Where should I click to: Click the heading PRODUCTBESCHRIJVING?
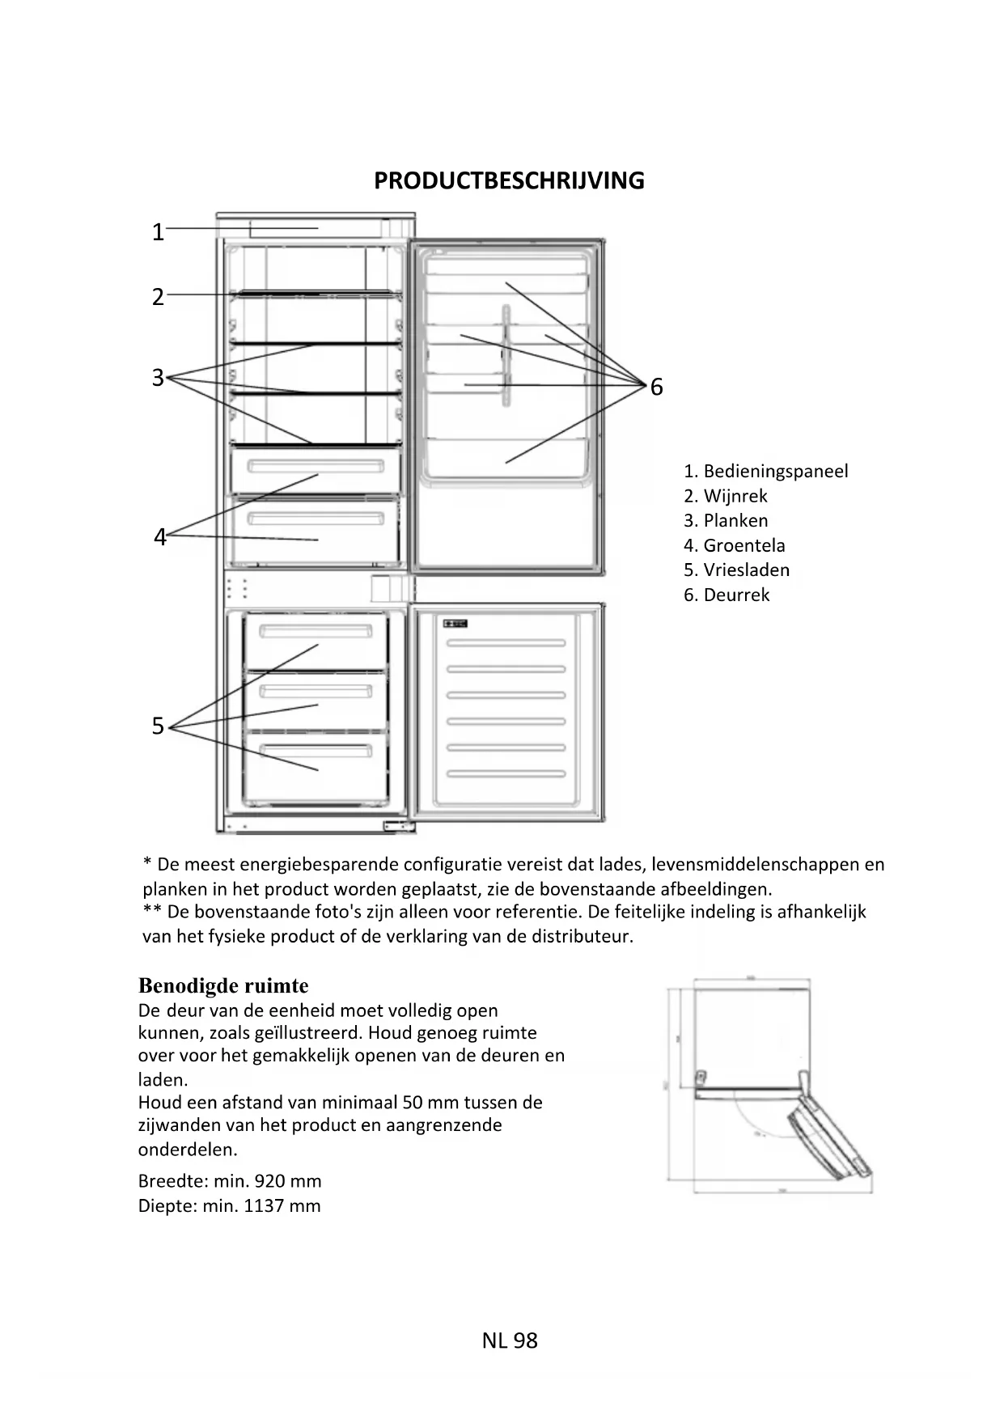click(x=509, y=180)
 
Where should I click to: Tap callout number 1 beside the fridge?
click(x=158, y=233)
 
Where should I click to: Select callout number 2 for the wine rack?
click(x=158, y=297)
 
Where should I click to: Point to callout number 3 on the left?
click(x=158, y=378)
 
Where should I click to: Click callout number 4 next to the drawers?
click(x=159, y=537)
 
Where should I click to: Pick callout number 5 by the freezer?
click(x=158, y=726)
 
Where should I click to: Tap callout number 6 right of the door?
click(x=656, y=388)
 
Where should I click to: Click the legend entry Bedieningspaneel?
click(x=775, y=472)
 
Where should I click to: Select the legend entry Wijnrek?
click(x=735, y=496)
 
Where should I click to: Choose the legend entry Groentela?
click(x=743, y=545)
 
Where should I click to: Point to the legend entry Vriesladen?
click(x=746, y=570)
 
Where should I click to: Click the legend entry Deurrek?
click(x=736, y=595)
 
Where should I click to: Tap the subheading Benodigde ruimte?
click(x=223, y=985)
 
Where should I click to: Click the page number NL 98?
click(x=509, y=1341)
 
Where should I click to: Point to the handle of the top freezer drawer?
click(x=316, y=629)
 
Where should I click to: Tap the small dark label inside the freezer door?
click(x=455, y=624)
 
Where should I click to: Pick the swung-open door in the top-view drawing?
click(x=829, y=1129)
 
